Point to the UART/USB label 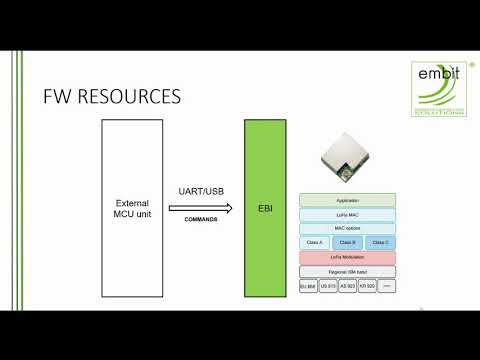201,190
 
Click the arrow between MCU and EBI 201,209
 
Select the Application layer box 348,200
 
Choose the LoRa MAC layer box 348,214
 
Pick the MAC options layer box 348,228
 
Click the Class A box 314,243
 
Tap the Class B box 348,243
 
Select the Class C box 381,243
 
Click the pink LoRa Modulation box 348,257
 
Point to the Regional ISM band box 348,271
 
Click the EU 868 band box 308,286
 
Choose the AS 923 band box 348,286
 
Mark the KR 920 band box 367,286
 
